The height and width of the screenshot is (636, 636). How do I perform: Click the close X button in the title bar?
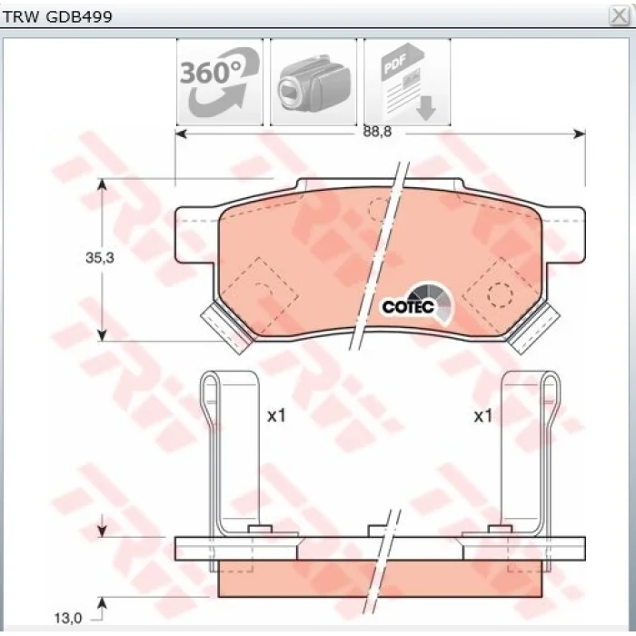click(x=619, y=16)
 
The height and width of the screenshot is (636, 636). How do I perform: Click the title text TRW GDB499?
click(x=57, y=16)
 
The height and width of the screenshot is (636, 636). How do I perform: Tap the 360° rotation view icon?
click(x=220, y=82)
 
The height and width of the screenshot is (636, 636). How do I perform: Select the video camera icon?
click(x=313, y=82)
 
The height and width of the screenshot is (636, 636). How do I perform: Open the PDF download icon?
click(x=407, y=82)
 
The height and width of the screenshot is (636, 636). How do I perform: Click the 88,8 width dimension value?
click(x=377, y=132)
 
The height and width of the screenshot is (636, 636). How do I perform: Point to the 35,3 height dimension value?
click(x=100, y=257)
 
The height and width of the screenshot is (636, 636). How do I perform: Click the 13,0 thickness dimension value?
click(x=68, y=618)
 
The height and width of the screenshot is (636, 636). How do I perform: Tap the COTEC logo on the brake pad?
click(x=418, y=304)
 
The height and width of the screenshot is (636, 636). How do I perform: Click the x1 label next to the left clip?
click(x=276, y=416)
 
